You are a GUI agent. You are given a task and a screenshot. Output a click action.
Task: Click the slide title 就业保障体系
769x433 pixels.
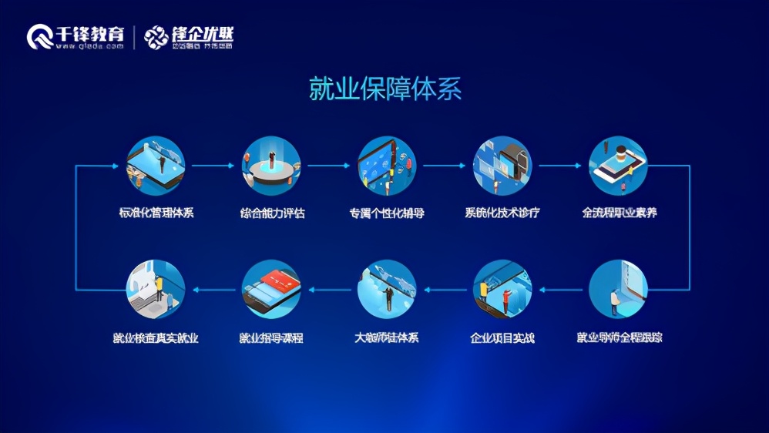(384, 89)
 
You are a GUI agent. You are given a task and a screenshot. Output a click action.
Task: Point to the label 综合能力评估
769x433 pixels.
(272, 213)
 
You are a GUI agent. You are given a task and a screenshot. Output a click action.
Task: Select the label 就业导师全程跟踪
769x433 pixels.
(619, 337)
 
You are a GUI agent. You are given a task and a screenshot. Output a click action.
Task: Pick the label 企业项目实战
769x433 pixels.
(502, 337)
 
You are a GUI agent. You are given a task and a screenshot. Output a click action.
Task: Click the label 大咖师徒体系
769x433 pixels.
(387, 337)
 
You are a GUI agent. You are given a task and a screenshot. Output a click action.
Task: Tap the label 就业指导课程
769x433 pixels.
(271, 337)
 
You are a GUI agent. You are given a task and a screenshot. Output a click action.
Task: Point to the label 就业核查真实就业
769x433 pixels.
(155, 337)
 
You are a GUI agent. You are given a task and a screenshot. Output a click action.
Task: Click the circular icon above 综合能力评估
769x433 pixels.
(271, 166)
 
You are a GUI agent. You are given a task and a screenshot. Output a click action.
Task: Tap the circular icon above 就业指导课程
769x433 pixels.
(271, 289)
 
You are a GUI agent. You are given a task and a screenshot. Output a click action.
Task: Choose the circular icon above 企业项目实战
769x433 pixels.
(502, 289)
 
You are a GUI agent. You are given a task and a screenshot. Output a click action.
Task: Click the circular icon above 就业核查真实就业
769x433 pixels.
(155, 289)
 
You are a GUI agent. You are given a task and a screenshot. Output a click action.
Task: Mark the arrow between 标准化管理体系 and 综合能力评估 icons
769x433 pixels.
(213, 166)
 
